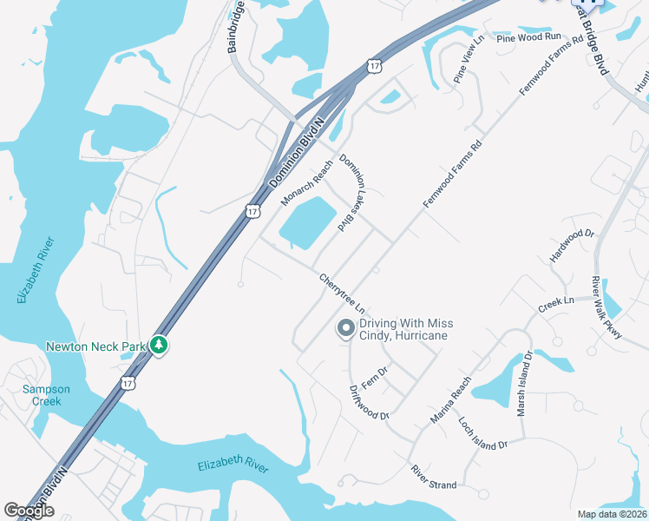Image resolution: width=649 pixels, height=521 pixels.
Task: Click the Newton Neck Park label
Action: point(95,346)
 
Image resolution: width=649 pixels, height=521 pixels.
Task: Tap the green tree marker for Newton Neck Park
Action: point(158,346)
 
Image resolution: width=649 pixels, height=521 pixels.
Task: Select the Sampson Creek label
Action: point(46,395)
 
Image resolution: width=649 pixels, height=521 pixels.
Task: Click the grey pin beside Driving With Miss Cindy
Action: point(345,328)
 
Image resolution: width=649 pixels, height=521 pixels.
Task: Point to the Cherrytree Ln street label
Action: point(341,293)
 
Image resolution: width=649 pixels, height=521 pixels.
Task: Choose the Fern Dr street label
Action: point(374,377)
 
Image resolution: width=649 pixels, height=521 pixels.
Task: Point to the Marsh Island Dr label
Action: point(524,384)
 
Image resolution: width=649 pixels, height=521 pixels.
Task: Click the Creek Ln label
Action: point(556,304)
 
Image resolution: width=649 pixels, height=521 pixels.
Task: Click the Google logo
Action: point(29,511)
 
